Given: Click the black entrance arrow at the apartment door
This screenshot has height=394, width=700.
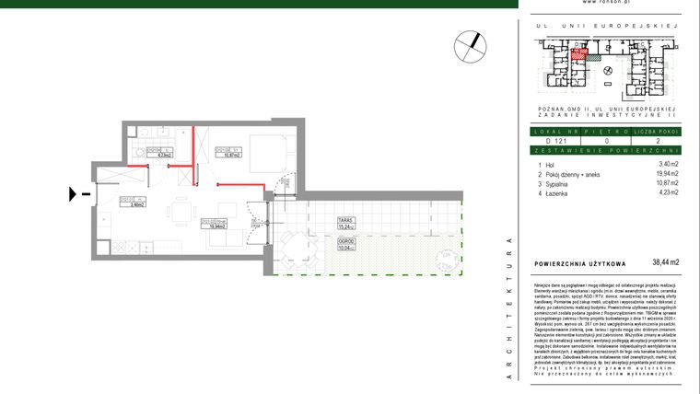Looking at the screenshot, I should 74,194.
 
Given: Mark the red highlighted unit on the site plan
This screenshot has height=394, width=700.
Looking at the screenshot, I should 577,54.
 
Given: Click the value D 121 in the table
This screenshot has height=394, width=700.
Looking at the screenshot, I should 552,141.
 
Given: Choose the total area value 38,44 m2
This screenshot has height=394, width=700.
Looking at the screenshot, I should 665,262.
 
